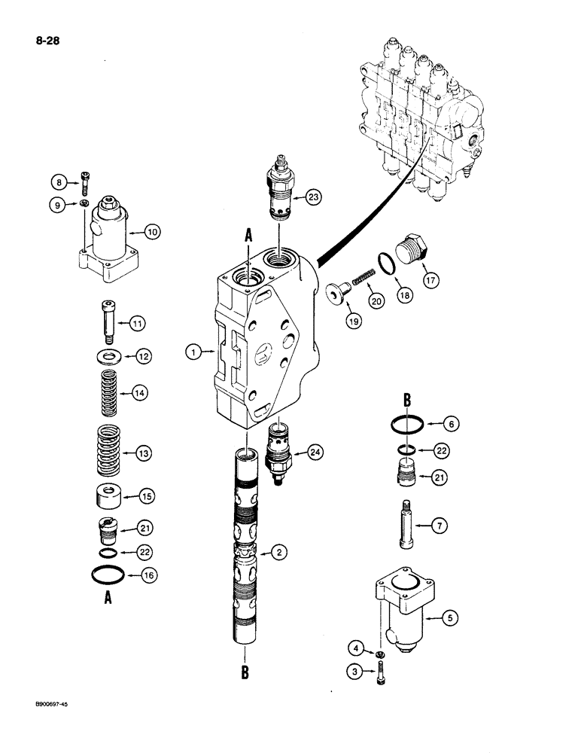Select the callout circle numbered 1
tap(193, 350)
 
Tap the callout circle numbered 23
tap(314, 197)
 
